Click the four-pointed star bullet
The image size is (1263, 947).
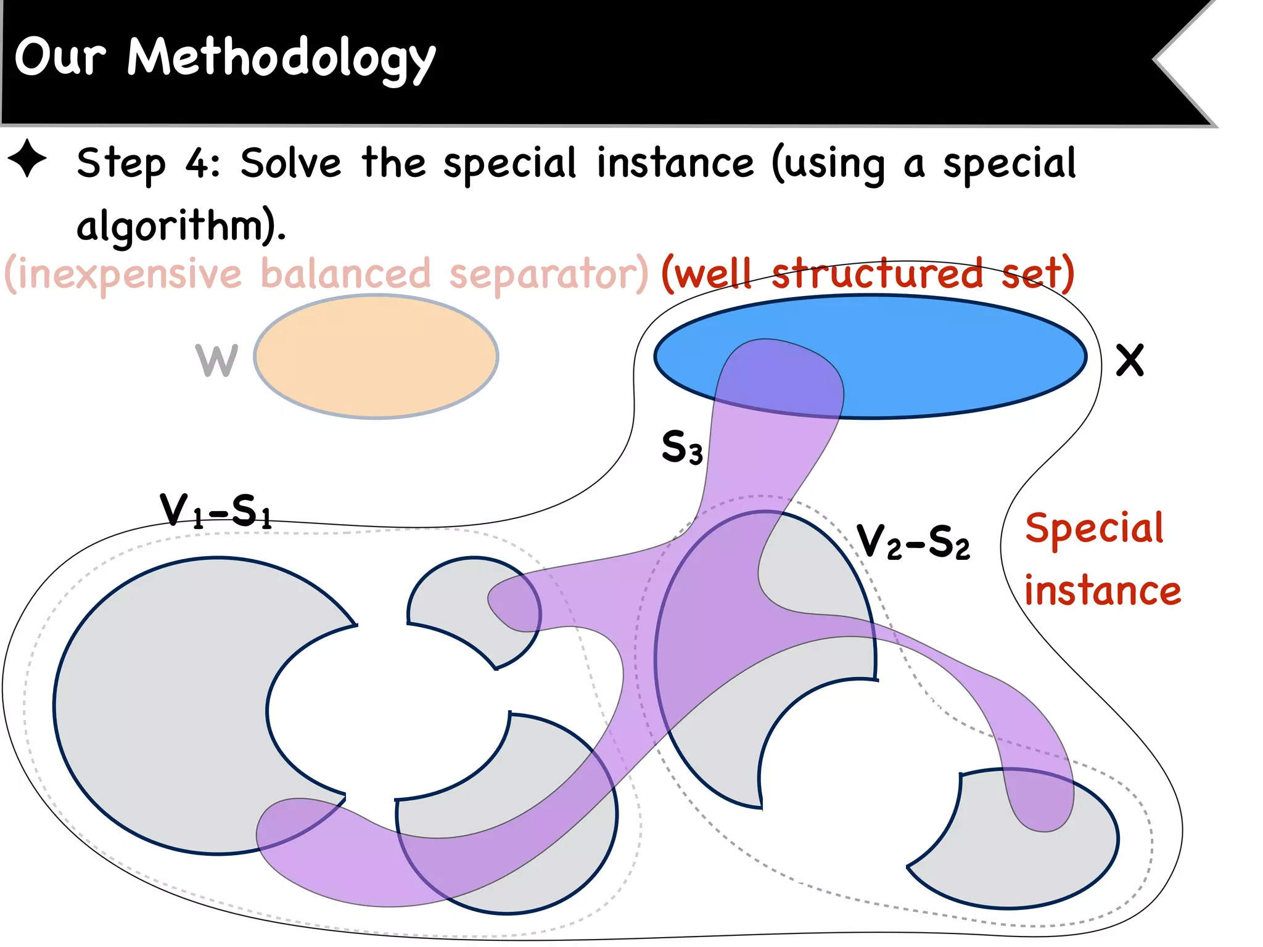tap(27, 158)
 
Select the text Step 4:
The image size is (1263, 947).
tap(148, 163)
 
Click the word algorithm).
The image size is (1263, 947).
tap(181, 226)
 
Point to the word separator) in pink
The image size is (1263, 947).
tap(548, 274)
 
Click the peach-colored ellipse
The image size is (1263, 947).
tap(376, 356)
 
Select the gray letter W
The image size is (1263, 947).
tap(216, 361)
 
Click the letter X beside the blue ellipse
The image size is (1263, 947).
tap(1129, 361)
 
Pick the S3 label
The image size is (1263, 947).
tap(681, 447)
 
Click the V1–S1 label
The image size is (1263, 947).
tap(216, 510)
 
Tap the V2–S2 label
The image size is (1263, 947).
tap(913, 542)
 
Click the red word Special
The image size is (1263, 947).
tap(1094, 528)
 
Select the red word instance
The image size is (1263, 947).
tap(1102, 591)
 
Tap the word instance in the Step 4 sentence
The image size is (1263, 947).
tap(675, 163)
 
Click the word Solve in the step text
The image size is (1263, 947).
tap(290, 163)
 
